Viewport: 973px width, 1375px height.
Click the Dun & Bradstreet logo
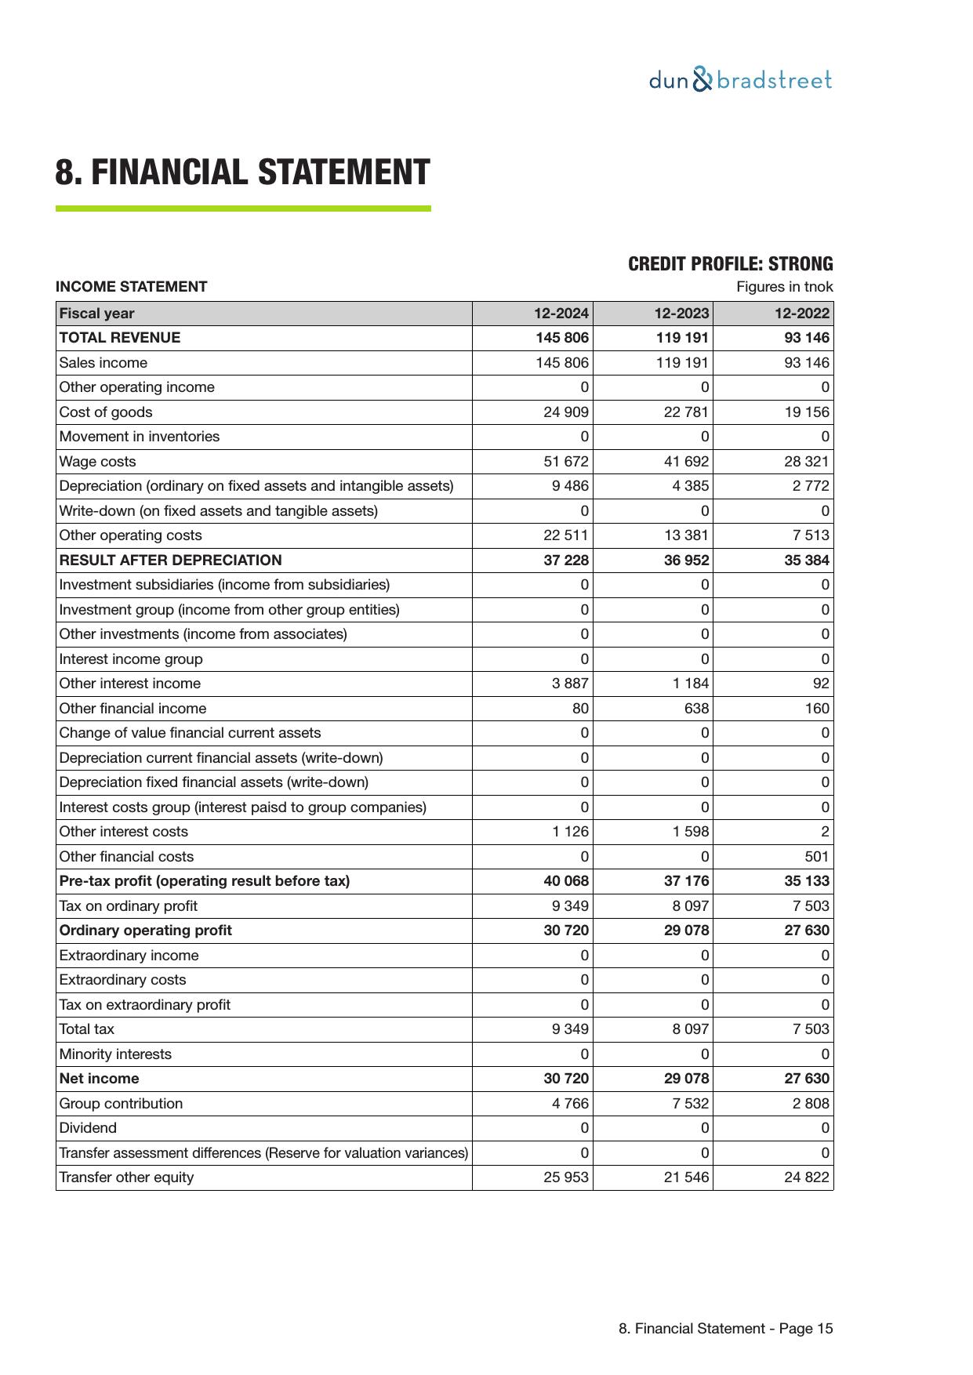(740, 80)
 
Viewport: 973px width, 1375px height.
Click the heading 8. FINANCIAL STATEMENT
(242, 172)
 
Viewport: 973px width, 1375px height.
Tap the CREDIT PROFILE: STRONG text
(730, 264)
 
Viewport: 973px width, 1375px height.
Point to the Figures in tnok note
(784, 287)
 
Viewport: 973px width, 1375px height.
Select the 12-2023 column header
(681, 314)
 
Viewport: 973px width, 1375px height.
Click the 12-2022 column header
(801, 314)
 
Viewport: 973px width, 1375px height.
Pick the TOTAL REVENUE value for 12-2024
(561, 338)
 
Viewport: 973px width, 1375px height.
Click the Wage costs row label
(97, 462)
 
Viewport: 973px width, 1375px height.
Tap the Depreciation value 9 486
(570, 486)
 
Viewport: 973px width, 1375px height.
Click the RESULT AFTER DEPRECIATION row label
(170, 561)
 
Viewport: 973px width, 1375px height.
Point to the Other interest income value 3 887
(570, 684)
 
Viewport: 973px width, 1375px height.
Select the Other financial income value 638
(696, 709)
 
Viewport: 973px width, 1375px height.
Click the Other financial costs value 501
(816, 857)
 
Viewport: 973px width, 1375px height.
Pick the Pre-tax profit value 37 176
(686, 881)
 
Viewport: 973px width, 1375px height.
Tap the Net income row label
(99, 1079)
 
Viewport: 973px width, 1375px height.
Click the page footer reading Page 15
(725, 1329)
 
